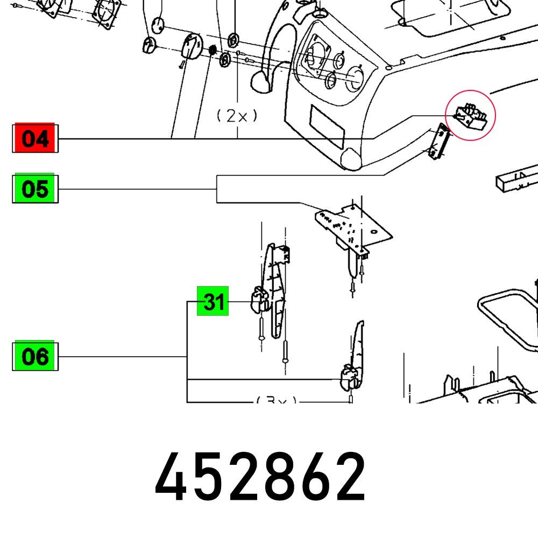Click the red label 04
pos(35,139)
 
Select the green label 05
pos(35,189)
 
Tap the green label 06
pos(35,356)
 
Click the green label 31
pos(214,302)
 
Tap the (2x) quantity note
pos(237,116)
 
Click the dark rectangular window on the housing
pos(327,126)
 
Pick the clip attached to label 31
pos(260,300)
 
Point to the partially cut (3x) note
pos(276,400)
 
